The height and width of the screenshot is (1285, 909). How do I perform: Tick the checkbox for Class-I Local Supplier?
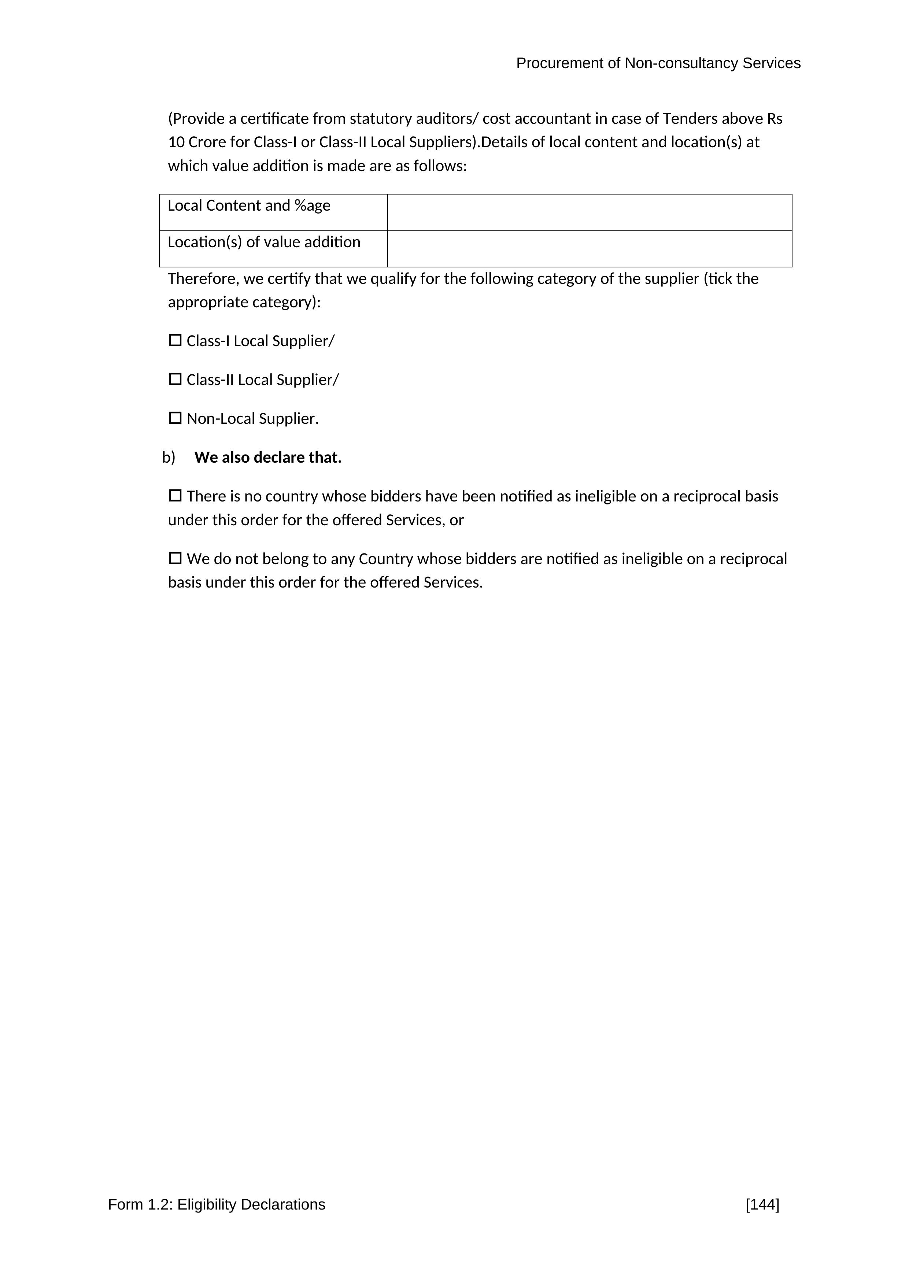click(x=175, y=340)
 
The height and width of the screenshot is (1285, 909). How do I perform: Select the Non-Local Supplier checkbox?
click(x=175, y=418)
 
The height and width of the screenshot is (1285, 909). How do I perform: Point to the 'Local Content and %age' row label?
click(x=249, y=206)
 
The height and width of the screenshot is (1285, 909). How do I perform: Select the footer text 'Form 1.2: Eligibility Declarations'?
click(x=217, y=1204)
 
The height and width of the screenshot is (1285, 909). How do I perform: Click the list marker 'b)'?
click(x=169, y=457)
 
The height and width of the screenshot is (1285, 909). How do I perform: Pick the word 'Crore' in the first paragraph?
click(x=207, y=142)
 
